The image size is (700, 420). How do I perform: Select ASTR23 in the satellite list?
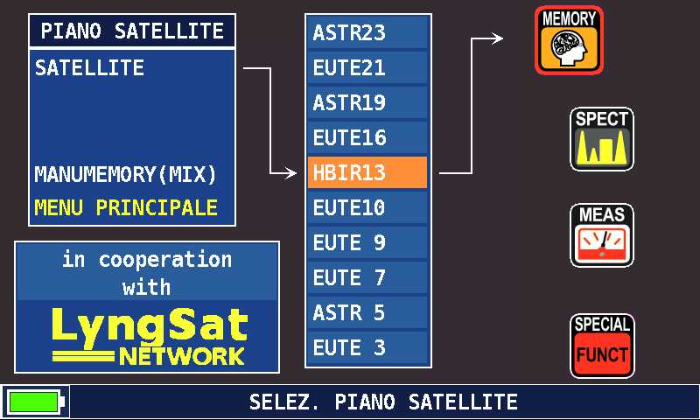click(x=367, y=32)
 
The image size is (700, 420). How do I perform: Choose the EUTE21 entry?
click(x=367, y=68)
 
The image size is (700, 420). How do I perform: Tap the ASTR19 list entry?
click(x=367, y=102)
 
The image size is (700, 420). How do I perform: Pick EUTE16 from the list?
click(x=367, y=137)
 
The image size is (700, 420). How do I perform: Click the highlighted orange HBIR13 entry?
click(x=367, y=172)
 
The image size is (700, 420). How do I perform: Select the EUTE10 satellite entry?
click(x=367, y=207)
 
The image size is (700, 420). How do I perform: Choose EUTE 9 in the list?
click(x=367, y=242)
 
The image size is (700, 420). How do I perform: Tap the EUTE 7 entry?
click(x=367, y=277)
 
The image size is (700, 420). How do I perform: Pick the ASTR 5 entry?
click(x=367, y=312)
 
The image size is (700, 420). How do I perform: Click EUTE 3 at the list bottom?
click(x=367, y=347)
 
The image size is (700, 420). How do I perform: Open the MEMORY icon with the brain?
click(x=570, y=40)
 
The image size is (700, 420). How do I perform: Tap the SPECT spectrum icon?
click(x=602, y=139)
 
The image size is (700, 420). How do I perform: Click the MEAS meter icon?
click(x=602, y=235)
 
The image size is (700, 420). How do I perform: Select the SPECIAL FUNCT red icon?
click(x=602, y=346)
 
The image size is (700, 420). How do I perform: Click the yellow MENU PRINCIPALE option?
click(x=126, y=208)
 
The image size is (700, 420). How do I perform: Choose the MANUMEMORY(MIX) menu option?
click(x=125, y=174)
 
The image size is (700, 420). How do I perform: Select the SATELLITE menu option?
click(x=89, y=68)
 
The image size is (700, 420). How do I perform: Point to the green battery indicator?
click(x=35, y=402)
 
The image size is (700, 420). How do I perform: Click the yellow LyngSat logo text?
click(x=150, y=328)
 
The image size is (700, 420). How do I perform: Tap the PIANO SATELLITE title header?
click(x=132, y=31)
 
